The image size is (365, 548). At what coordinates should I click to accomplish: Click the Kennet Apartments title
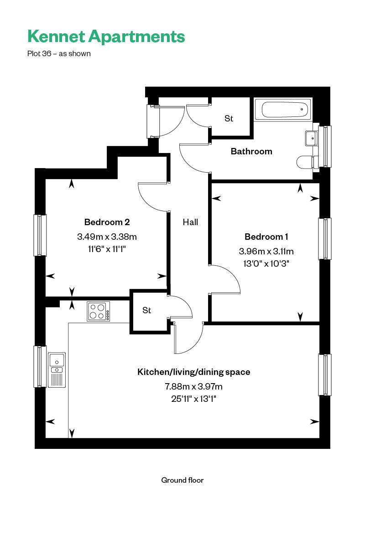(x=106, y=37)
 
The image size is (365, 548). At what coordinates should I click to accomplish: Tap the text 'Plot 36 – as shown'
(x=59, y=53)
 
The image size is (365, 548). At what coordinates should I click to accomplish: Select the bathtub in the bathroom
(x=282, y=110)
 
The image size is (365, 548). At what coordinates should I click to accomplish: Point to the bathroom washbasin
(x=312, y=138)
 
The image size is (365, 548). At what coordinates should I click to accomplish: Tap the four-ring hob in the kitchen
(x=98, y=311)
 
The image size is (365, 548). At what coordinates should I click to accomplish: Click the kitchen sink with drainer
(x=57, y=370)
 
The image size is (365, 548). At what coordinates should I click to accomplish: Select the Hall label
(x=190, y=222)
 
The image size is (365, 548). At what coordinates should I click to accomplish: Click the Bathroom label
(x=251, y=152)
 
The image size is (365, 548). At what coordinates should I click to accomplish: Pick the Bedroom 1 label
(x=266, y=237)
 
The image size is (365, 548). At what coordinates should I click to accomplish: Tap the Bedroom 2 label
(x=107, y=222)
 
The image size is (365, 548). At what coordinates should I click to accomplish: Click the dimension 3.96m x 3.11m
(x=266, y=251)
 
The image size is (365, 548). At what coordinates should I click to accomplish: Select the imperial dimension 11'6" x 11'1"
(x=107, y=249)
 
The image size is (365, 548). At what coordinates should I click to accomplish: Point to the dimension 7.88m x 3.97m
(x=193, y=386)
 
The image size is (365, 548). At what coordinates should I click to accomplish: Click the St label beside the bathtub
(x=229, y=118)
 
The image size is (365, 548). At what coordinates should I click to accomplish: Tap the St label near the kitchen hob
(x=147, y=310)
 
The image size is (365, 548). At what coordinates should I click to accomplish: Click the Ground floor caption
(x=182, y=480)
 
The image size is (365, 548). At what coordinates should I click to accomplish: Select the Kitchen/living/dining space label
(x=193, y=372)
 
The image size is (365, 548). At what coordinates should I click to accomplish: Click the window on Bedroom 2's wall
(x=40, y=235)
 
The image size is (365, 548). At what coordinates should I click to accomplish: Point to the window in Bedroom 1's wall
(x=325, y=239)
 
